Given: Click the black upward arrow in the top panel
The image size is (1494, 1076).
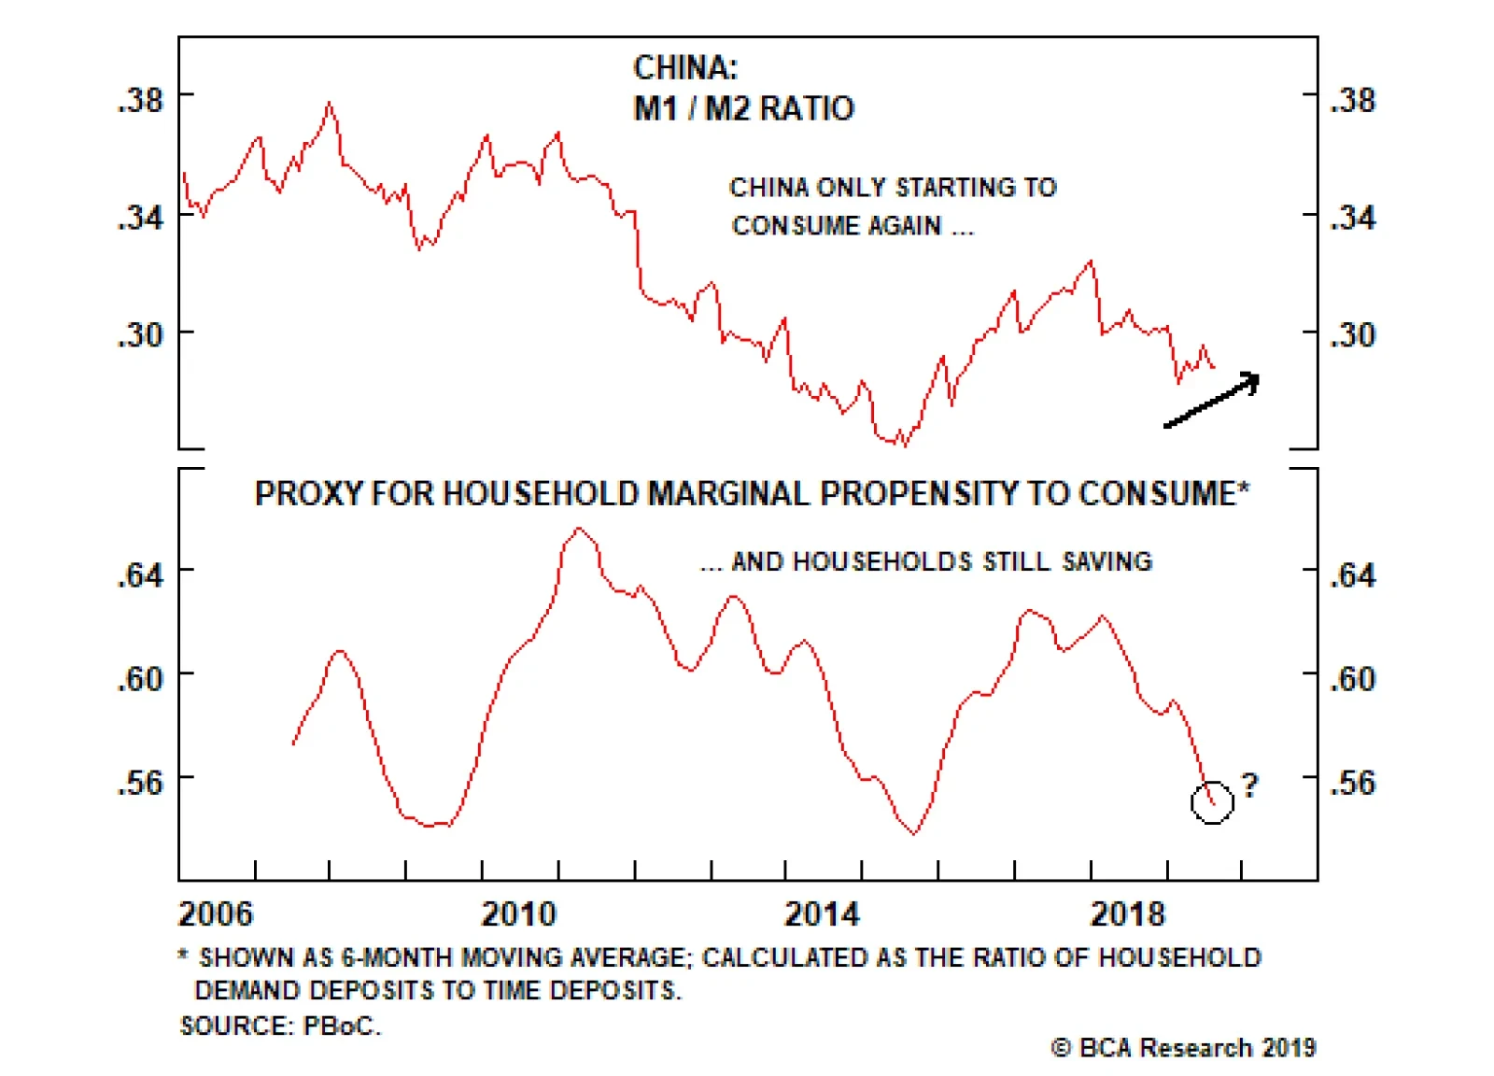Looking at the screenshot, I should pyautogui.click(x=1212, y=400).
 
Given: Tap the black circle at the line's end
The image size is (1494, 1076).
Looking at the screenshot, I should pyautogui.click(x=1212, y=802).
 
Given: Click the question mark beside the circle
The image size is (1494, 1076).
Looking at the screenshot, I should pyautogui.click(x=1249, y=785).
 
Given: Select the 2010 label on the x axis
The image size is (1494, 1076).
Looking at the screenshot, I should pyautogui.click(x=518, y=913).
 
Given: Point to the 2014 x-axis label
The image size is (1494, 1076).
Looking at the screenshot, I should pyautogui.click(x=822, y=913).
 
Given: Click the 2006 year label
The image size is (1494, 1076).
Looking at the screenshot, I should pyautogui.click(x=216, y=913).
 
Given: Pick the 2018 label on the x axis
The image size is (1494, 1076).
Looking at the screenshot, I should pyautogui.click(x=1128, y=913).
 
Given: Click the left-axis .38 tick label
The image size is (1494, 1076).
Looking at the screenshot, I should pyautogui.click(x=141, y=100).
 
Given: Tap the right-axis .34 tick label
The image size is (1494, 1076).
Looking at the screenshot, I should pyautogui.click(x=1353, y=219).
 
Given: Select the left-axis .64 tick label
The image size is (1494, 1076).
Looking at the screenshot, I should pyautogui.click(x=141, y=575).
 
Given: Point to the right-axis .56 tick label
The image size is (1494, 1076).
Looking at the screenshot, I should pyautogui.click(x=1353, y=783).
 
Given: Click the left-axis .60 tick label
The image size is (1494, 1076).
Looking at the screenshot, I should pyautogui.click(x=141, y=679).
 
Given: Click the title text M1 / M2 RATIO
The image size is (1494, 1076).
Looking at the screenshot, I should pyautogui.click(x=743, y=108).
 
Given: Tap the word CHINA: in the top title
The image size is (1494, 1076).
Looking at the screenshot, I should pyautogui.click(x=685, y=67).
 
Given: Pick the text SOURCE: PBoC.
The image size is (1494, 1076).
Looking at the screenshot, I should pyautogui.click(x=280, y=1026).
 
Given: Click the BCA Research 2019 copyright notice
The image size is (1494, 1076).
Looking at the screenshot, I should pyautogui.click(x=1183, y=1048).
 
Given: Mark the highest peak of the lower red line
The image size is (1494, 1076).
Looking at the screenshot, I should pyautogui.click(x=580, y=529).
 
